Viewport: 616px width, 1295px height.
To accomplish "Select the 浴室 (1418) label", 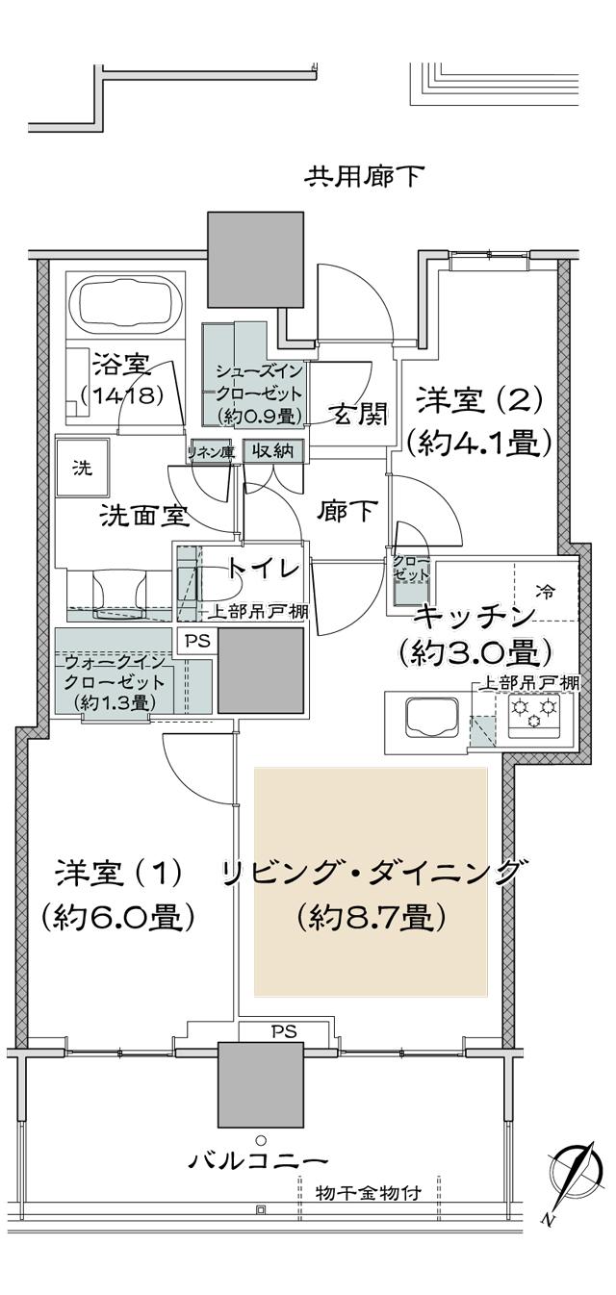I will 121,379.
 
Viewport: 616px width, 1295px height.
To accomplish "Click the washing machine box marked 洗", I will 84,470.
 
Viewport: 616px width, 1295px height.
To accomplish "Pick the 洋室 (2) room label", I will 478,419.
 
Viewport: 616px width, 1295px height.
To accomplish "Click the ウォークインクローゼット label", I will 115,682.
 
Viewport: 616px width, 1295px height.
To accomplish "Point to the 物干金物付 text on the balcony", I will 369,1193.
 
